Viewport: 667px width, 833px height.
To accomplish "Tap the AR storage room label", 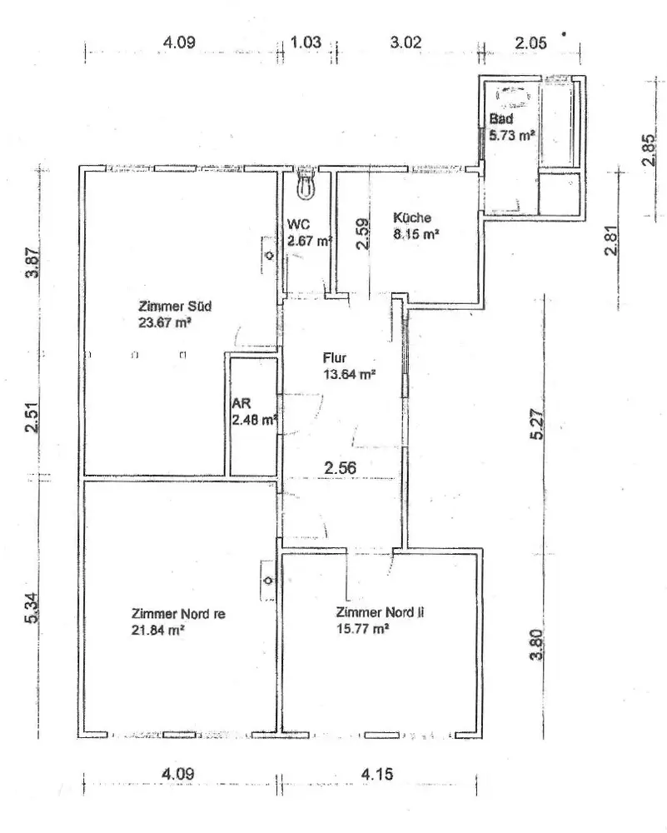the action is (x=240, y=404).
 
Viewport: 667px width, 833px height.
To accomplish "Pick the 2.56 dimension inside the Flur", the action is (x=340, y=468).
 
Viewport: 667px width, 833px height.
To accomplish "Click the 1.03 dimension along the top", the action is (x=306, y=43).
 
